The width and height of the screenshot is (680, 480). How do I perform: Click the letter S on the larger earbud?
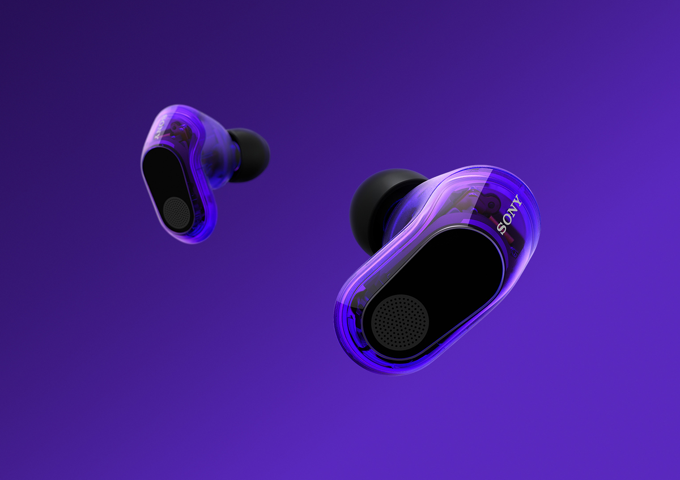[x=501, y=228]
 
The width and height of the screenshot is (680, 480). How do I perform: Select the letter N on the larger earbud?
[x=512, y=211]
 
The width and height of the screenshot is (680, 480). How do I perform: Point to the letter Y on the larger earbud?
[x=517, y=201]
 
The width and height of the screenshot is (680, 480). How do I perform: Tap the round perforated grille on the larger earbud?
[x=400, y=322]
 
